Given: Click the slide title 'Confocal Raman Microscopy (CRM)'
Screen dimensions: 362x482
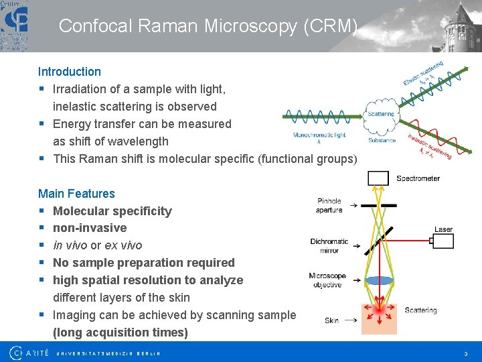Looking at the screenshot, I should [x=208, y=26].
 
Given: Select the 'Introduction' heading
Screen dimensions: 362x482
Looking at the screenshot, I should [x=70, y=72].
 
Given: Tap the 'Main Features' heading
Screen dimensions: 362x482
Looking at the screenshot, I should [x=76, y=194].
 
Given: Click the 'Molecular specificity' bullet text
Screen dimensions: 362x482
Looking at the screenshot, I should [x=112, y=211].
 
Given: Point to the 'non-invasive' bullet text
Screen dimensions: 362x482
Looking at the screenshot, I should [x=90, y=228].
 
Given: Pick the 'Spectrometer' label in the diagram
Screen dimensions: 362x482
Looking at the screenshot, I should [x=418, y=178].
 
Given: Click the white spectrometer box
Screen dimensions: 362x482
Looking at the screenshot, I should [x=378, y=178].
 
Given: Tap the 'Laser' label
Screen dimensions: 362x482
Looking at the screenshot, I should [x=443, y=229].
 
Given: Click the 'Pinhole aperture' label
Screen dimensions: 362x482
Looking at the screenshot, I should [x=329, y=205].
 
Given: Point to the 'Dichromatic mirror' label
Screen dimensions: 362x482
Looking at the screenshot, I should [x=329, y=245].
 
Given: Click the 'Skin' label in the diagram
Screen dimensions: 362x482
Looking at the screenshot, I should [x=331, y=321].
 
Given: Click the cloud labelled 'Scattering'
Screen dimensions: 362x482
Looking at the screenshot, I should [x=381, y=115].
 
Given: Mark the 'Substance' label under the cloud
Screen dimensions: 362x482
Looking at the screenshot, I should [x=382, y=140].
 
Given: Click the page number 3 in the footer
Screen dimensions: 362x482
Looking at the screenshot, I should [x=466, y=353].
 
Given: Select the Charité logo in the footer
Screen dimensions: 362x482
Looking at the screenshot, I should [x=29, y=352].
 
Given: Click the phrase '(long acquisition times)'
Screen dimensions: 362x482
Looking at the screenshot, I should [x=120, y=333].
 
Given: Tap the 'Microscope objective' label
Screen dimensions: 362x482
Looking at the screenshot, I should [x=327, y=280].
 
